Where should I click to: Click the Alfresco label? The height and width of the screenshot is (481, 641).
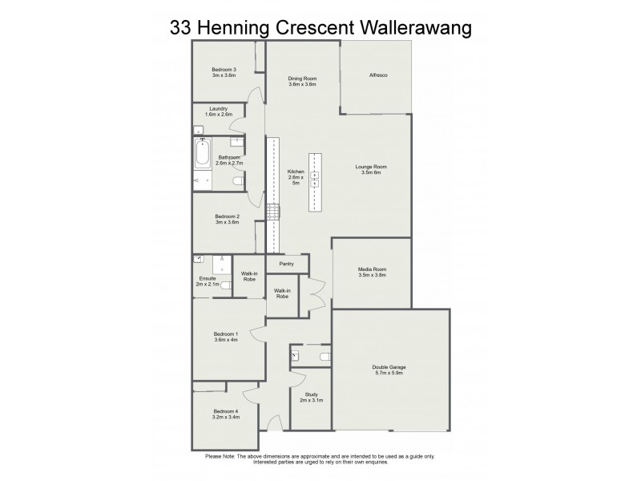[378, 75]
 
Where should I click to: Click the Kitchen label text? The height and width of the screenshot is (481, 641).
[296, 171]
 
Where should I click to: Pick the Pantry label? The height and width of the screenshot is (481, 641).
[287, 264]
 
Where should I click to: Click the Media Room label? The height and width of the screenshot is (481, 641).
[373, 272]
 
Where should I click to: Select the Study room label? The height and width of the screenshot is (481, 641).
[310, 394]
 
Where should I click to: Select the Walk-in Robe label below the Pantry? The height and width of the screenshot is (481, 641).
[281, 293]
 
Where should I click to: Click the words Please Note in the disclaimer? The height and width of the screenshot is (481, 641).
[224, 456]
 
